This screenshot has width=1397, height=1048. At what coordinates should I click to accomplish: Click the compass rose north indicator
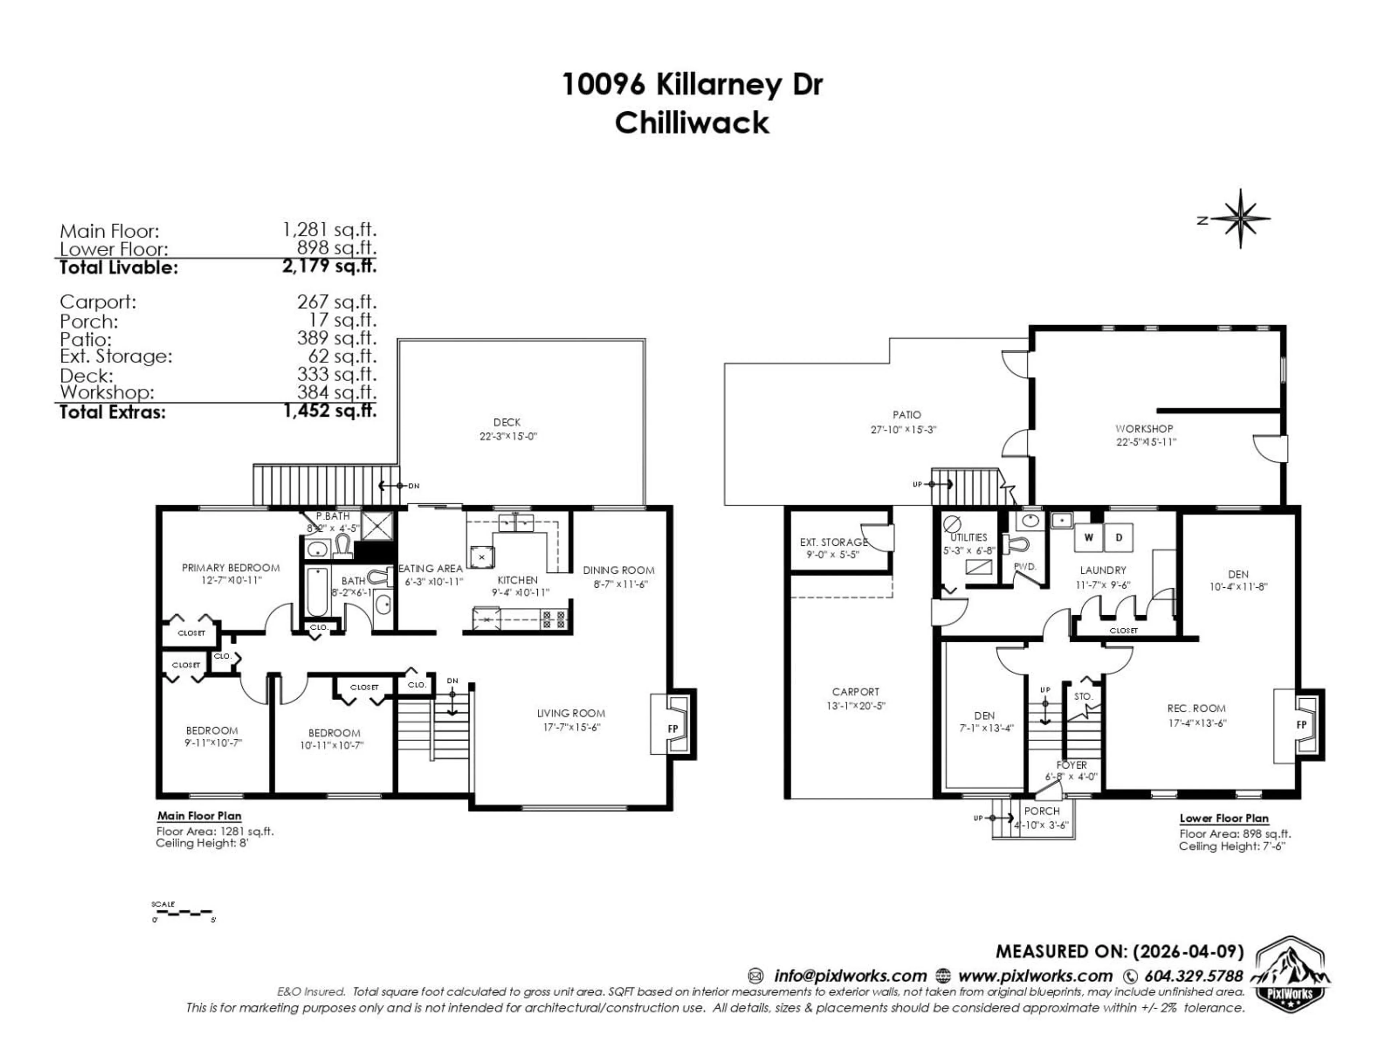[x=1240, y=219]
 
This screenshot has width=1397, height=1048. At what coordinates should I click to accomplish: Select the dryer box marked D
[x=1118, y=537]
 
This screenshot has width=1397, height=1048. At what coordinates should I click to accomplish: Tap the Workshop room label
[x=1144, y=428]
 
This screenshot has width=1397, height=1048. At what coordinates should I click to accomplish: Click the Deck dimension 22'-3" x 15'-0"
[x=508, y=437]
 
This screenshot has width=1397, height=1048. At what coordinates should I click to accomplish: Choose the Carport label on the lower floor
[x=855, y=692]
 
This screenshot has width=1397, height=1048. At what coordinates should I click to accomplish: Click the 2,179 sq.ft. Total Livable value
[x=329, y=266]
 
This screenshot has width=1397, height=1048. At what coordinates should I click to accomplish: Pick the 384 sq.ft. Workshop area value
[x=337, y=392]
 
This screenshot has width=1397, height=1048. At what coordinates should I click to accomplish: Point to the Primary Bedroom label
[x=231, y=567]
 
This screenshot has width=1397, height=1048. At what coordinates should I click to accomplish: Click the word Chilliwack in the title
[x=692, y=123]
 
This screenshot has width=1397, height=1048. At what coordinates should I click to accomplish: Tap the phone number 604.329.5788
[x=1193, y=976]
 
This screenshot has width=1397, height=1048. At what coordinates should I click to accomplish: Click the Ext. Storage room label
[x=834, y=542]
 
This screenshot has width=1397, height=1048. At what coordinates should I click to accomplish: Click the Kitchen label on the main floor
[x=517, y=580]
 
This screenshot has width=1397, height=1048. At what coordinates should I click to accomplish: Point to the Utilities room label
[x=968, y=537]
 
